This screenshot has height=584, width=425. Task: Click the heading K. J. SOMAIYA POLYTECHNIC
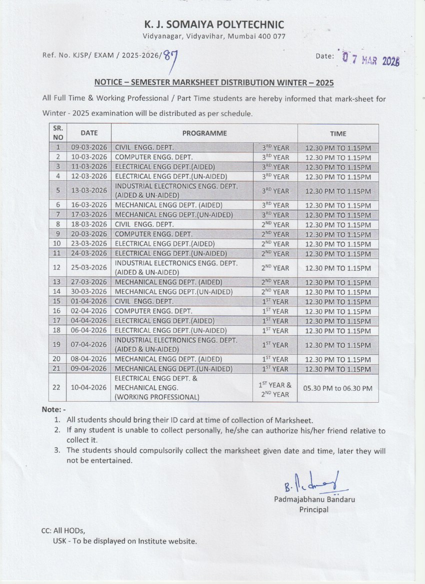tap(214, 24)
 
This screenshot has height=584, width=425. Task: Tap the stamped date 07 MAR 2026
tap(371, 59)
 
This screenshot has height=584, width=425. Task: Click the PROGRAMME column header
tap(204, 133)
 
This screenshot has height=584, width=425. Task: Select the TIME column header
tap(338, 133)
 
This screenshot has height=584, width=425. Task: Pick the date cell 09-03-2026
tap(89, 148)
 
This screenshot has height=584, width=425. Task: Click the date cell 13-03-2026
tap(89, 191)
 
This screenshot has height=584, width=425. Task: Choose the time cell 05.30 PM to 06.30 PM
tap(338, 388)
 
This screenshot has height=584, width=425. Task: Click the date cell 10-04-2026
tap(89, 388)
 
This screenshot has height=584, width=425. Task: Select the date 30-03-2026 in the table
tap(89, 292)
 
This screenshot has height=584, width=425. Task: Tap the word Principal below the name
tap(314, 510)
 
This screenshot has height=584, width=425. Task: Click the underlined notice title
tap(214, 82)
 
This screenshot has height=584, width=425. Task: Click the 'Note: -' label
tap(51, 410)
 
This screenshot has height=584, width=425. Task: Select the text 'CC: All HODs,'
tap(63, 531)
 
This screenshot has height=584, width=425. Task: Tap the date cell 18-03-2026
tap(89, 225)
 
